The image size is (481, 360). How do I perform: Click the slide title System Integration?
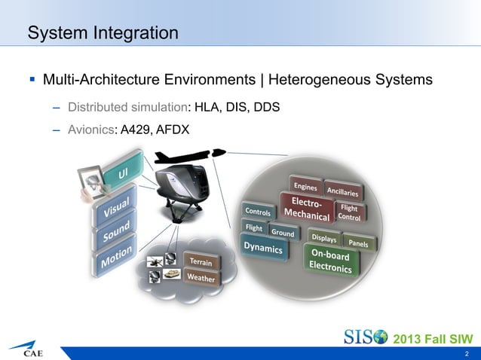[103, 34]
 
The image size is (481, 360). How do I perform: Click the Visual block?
[115, 207]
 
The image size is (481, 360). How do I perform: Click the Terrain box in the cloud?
[201, 261]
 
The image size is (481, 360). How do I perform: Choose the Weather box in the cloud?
[201, 278]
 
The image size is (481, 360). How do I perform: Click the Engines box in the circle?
[305, 186]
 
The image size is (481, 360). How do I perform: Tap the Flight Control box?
[349, 212]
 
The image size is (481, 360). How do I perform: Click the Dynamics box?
[262, 248]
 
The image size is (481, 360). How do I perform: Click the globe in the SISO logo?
[379, 335]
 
